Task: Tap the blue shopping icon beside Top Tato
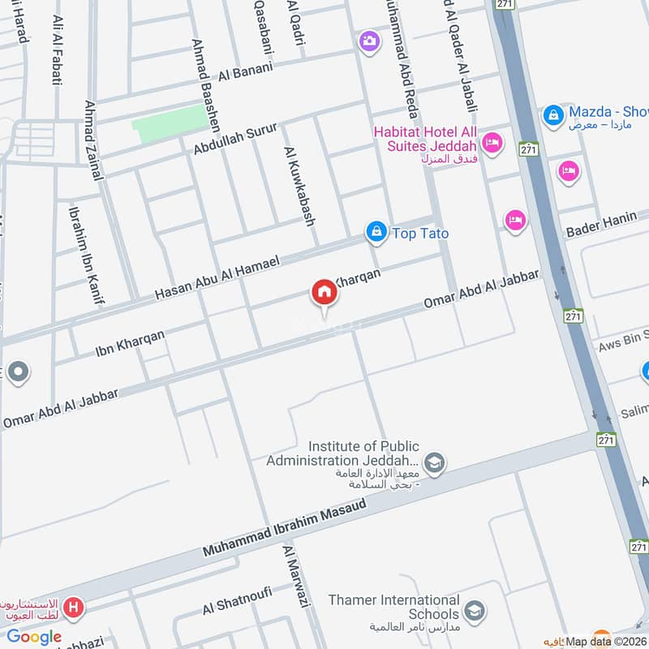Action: click(x=376, y=233)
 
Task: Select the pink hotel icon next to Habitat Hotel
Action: click(x=491, y=144)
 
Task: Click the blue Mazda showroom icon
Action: click(x=553, y=114)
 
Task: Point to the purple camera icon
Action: click(x=369, y=41)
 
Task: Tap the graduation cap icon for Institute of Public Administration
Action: click(x=435, y=463)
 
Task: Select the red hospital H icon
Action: click(x=75, y=606)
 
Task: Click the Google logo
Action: click(x=34, y=637)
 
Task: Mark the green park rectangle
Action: click(x=169, y=123)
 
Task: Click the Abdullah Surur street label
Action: click(x=235, y=139)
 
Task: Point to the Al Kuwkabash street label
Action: click(x=299, y=186)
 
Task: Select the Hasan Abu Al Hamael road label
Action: click(x=217, y=277)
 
